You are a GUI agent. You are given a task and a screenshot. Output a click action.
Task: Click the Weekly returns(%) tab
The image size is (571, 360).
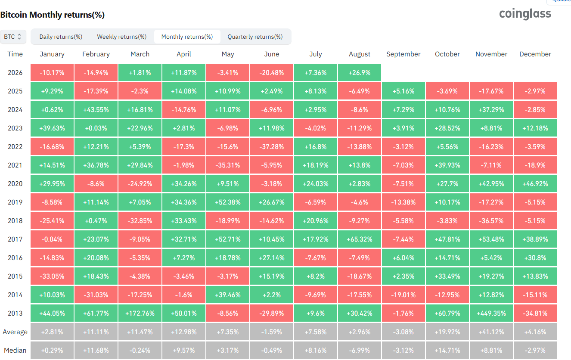121,37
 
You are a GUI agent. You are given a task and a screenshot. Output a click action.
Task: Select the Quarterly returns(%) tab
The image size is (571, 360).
255,37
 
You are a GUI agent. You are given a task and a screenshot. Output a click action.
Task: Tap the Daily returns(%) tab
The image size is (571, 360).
61,37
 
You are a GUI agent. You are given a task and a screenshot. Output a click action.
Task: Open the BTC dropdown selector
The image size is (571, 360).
13,37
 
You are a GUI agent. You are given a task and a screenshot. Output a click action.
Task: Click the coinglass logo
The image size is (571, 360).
525,14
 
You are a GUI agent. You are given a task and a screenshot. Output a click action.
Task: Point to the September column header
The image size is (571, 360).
403,54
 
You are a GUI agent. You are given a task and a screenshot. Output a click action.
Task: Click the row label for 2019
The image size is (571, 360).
15,202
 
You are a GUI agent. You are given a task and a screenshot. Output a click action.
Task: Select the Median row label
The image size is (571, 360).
15,351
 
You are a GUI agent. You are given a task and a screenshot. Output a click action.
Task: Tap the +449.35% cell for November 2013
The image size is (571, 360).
491,313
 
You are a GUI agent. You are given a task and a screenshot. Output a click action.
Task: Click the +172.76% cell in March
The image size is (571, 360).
140,313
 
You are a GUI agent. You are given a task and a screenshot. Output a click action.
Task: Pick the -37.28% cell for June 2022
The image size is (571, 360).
271,146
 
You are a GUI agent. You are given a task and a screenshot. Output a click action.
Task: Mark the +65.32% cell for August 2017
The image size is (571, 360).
360,239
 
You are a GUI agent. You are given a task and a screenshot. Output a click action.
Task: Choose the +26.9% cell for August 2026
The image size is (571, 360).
360,72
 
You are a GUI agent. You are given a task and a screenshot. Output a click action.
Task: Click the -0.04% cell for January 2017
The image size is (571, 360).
52,239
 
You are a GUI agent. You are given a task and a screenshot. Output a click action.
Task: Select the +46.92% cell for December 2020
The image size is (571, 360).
535,183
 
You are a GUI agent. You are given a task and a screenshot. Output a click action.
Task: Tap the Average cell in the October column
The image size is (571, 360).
447,332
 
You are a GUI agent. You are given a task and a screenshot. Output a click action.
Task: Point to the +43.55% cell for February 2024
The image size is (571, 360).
96,110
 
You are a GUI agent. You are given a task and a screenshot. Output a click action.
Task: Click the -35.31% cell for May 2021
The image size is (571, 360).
228,165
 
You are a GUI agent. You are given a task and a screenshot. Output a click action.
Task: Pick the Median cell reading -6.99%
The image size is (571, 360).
360,351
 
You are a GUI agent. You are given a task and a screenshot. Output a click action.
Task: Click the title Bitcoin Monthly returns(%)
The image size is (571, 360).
52,15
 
